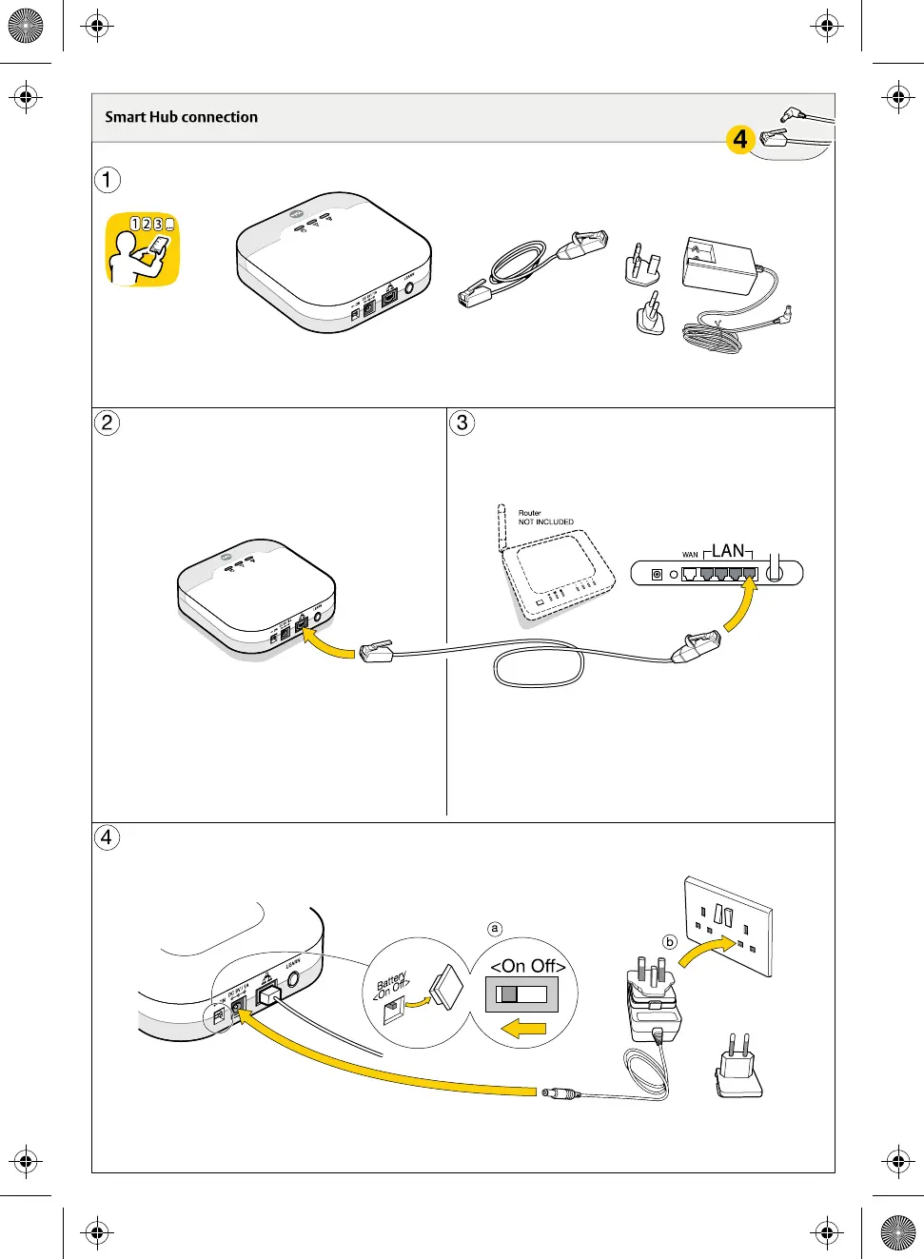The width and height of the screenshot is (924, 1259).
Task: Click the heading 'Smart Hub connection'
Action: (x=181, y=117)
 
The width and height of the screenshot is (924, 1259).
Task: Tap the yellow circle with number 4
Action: (x=740, y=139)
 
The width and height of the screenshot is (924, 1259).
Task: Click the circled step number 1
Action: (x=108, y=179)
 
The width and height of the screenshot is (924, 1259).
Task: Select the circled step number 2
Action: (x=108, y=423)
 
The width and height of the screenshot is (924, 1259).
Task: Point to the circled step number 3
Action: (x=462, y=423)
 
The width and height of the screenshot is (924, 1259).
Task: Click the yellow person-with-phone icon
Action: (x=142, y=249)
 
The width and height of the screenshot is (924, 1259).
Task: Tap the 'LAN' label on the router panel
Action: (x=728, y=551)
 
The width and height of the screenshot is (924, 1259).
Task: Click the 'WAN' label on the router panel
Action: (x=690, y=554)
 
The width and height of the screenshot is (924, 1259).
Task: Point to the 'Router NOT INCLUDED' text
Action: (x=545, y=518)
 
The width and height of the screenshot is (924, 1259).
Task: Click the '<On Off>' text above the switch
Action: (x=528, y=966)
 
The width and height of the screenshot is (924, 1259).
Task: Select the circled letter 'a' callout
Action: (x=494, y=929)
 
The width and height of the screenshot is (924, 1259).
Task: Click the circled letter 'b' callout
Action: (x=670, y=941)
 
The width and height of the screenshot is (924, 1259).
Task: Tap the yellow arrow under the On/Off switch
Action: (x=524, y=1028)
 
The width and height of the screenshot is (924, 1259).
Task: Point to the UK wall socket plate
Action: (x=729, y=926)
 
